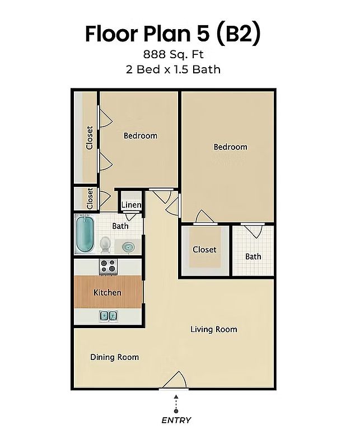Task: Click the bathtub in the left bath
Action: [x=85, y=233]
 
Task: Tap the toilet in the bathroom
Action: [x=105, y=245]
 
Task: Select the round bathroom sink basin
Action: [x=128, y=247]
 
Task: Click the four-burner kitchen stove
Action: [x=108, y=267]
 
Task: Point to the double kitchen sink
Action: [x=109, y=316]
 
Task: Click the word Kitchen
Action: [x=107, y=293]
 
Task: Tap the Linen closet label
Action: [x=132, y=204]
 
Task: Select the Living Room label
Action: [x=214, y=329]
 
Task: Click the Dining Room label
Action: [x=115, y=357]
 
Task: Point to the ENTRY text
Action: [x=176, y=420]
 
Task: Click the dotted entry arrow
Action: [x=176, y=404]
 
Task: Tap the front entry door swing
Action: [x=174, y=380]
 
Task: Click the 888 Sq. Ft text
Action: [x=174, y=54]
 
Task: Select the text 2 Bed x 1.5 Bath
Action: [x=174, y=69]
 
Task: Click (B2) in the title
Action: [x=239, y=34]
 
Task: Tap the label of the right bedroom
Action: [x=230, y=147]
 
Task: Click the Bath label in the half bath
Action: [x=253, y=256]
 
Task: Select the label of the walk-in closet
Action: [x=204, y=250]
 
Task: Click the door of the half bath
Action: [x=253, y=231]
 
